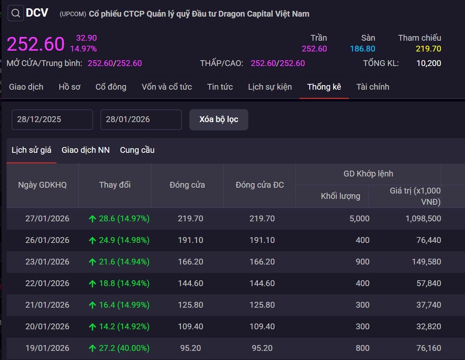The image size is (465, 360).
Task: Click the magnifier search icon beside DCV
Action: coord(16,14)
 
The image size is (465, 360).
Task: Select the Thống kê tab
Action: coord(324,87)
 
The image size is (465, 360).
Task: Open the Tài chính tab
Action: coord(372,87)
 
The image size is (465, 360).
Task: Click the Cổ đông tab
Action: coord(111,87)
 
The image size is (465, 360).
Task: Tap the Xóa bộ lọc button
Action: coord(218,120)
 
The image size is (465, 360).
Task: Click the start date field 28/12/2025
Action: coord(52,120)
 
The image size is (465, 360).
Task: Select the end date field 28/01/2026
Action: coord(141,120)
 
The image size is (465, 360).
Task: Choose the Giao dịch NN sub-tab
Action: coord(86,150)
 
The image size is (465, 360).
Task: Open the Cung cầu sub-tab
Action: coord(137,150)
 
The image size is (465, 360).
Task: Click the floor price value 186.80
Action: coord(362,49)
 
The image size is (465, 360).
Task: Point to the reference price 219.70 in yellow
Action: coord(428,49)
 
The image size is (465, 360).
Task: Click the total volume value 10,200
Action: coord(428,63)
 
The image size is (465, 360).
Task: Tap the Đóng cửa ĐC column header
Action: coord(259,185)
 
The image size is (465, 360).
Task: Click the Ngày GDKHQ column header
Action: coord(42,185)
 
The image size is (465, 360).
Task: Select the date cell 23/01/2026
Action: coord(47,262)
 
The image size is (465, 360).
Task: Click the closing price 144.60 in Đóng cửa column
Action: coord(190,283)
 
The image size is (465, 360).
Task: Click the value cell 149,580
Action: coord(428,262)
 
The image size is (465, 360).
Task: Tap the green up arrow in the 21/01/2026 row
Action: coord(92,305)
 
